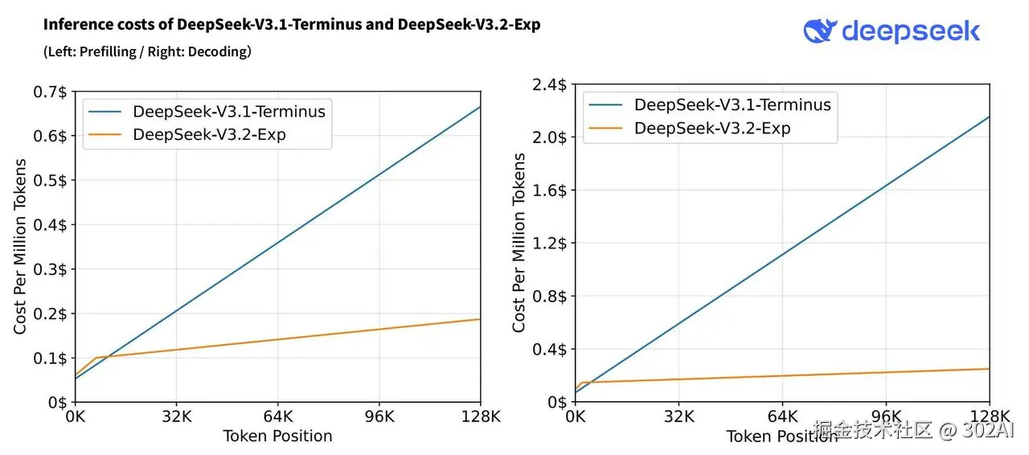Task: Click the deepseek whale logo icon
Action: tap(820, 31)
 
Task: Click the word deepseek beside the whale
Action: tap(911, 31)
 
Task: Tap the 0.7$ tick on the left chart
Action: tap(50, 92)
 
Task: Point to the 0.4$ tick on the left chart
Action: tap(50, 224)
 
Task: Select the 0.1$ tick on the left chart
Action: tap(50, 358)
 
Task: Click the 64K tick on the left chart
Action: tap(277, 417)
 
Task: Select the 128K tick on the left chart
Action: tap(480, 417)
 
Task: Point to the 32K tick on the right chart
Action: tap(679, 416)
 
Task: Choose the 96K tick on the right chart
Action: tap(886, 416)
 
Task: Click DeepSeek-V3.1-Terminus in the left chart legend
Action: tap(229, 111)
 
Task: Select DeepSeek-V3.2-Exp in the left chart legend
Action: tap(209, 134)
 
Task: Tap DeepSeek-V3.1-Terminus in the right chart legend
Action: tap(732, 105)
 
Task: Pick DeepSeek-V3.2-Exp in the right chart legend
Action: tap(712, 129)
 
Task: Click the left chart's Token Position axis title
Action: tap(277, 436)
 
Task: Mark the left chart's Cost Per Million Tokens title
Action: tap(20, 247)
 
